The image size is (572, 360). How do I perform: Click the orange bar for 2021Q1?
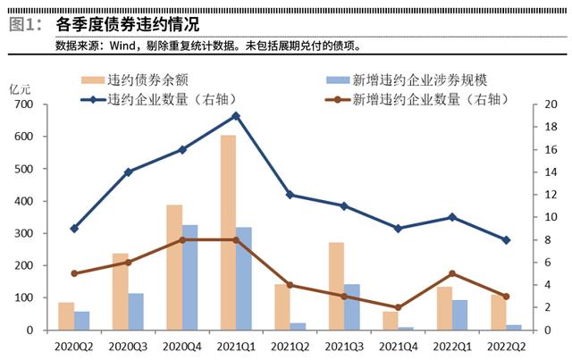tap(229, 233)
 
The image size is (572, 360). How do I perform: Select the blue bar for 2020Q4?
tap(189, 278)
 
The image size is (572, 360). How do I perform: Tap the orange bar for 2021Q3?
tap(336, 287)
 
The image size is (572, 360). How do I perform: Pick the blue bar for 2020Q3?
tap(136, 312)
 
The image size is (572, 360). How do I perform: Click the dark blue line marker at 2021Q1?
tap(236, 116)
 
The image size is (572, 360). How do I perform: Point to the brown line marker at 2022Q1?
tap(452, 273)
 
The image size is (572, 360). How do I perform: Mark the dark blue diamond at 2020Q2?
tap(74, 229)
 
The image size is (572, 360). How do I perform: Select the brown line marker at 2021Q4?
tap(399, 307)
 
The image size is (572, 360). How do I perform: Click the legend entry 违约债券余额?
tap(135, 80)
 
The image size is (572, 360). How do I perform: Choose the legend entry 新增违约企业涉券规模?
tap(407, 80)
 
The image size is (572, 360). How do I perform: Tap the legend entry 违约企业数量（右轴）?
tap(159, 99)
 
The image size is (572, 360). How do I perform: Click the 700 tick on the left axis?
tap(24, 105)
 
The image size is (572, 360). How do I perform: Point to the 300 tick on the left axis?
tap(24, 233)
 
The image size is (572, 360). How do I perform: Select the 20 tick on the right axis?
tap(551, 105)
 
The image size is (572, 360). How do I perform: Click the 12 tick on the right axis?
tap(551, 195)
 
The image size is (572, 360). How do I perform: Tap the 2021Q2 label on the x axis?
tap(290, 347)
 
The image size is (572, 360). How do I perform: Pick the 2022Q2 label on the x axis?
tap(507, 347)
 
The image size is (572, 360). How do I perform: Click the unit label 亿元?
tap(20, 89)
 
